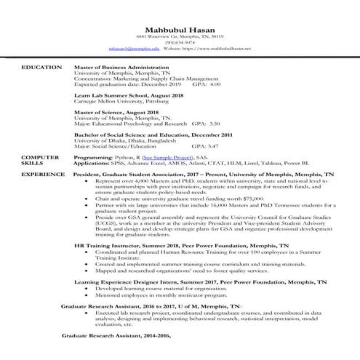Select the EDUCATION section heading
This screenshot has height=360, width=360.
point(41,67)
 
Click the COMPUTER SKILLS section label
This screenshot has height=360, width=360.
point(40,160)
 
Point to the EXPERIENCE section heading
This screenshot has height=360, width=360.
point(42,175)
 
